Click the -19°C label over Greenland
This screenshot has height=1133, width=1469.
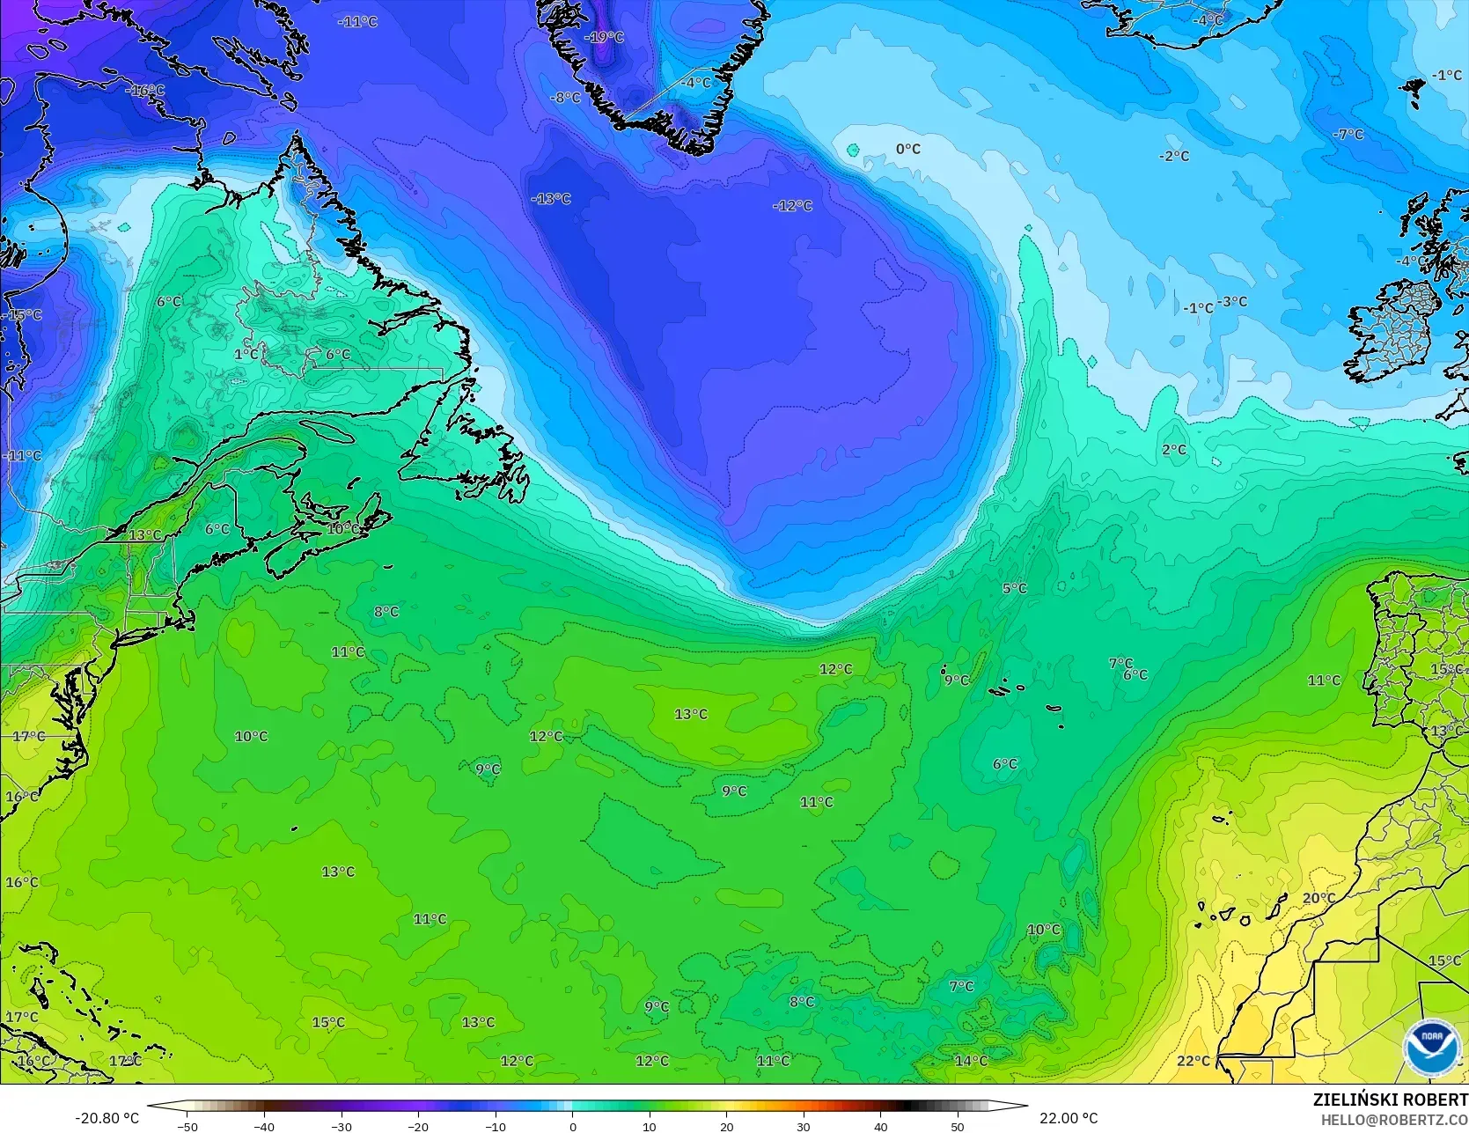click(x=606, y=37)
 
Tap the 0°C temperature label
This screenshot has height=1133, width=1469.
click(x=907, y=149)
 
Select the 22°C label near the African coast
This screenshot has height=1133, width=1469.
click(x=1193, y=1061)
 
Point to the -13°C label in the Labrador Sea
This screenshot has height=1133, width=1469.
click(x=551, y=199)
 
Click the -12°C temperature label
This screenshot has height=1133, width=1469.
click(x=792, y=205)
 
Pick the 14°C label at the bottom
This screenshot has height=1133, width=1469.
click(x=970, y=1061)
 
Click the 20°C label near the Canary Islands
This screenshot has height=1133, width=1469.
click(x=1318, y=898)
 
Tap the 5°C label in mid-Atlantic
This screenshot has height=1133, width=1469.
click(x=1014, y=588)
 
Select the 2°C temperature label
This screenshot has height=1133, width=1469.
click(x=1173, y=450)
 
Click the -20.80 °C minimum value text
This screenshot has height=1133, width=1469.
click(x=107, y=1118)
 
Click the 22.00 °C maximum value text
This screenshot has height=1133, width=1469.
click(x=1069, y=1118)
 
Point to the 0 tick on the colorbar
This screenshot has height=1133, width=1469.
click(x=572, y=1126)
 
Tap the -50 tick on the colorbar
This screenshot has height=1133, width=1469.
click(x=187, y=1126)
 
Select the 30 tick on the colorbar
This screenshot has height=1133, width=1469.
click(x=804, y=1126)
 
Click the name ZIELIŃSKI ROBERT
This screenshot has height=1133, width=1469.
click(x=1390, y=1100)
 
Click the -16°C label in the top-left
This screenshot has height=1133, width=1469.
click(x=144, y=91)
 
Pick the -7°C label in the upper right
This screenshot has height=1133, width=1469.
click(x=1348, y=135)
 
